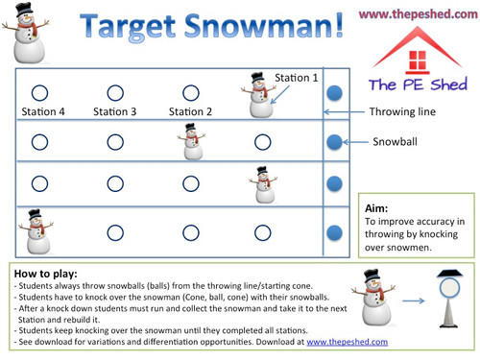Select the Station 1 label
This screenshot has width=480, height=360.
tap(298, 77)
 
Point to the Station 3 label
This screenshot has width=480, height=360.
tap(115, 111)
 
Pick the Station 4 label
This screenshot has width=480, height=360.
tap(41, 111)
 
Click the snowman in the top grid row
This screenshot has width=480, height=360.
tap(256, 94)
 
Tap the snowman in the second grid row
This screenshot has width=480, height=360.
tap(191, 141)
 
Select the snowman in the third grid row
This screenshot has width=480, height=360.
tap(260, 183)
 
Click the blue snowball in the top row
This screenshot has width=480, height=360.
tap(333, 93)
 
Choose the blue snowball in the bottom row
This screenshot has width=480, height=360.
tap(333, 232)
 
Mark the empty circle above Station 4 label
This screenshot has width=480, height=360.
tap(40, 93)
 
